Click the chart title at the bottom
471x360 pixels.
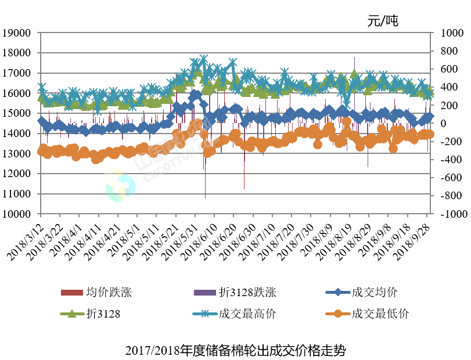click(235, 351)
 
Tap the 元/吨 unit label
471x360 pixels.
click(383, 21)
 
